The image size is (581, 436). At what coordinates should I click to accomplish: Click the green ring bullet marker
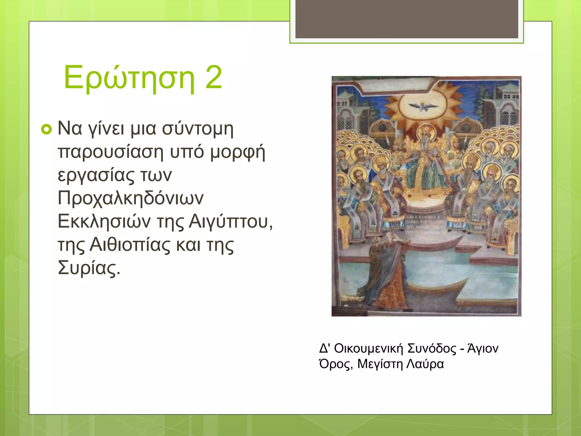point(47,129)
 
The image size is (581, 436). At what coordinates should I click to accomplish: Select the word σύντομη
point(197,129)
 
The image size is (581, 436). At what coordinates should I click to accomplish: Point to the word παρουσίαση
point(111,152)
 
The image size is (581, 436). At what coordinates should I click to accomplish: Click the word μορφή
point(238,152)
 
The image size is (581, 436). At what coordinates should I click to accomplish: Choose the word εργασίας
point(96,175)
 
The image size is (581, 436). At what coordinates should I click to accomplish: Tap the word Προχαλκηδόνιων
point(130,198)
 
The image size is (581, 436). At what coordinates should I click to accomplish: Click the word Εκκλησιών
point(104,221)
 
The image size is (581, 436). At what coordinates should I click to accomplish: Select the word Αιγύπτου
point(230,221)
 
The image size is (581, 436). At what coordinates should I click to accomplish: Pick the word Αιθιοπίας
point(130,245)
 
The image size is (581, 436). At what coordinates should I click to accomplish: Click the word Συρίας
point(89,268)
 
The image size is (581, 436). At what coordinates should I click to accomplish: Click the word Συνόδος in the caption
point(432,349)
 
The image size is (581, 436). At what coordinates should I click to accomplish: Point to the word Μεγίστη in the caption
point(380,364)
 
